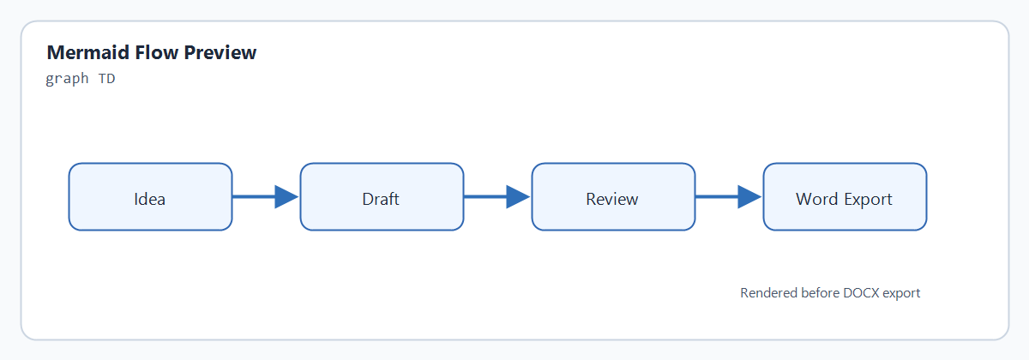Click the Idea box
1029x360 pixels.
[150, 196]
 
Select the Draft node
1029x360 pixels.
[382, 196]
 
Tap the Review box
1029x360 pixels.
[613, 196]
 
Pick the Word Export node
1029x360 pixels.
[845, 196]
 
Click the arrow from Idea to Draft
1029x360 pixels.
[266, 197]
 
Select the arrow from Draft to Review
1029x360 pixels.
[497, 197]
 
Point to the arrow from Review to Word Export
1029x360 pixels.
[729, 197]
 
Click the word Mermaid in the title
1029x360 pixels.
[88, 52]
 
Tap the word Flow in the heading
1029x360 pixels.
[156, 52]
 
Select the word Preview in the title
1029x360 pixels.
[220, 52]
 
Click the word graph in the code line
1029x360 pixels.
[67, 79]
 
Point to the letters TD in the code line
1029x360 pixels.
[106, 79]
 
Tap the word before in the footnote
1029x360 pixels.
[820, 293]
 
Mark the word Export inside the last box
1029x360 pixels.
[868, 200]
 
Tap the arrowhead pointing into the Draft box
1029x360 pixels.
[286, 197]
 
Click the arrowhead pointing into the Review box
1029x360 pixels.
[518, 197]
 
